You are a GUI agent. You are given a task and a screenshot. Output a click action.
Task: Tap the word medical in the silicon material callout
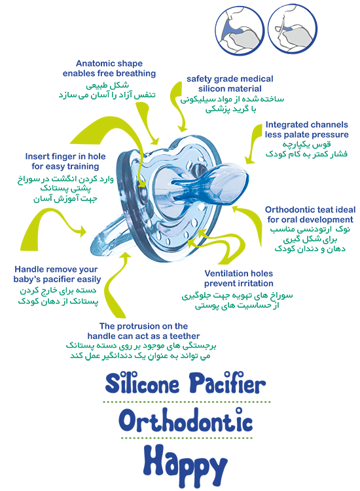(x=257, y=79)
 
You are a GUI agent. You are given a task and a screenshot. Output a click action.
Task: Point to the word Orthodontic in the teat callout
(x=289, y=209)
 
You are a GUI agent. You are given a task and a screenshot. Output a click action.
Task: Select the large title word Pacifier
(x=227, y=382)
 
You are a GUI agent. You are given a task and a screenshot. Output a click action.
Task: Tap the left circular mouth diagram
(x=240, y=30)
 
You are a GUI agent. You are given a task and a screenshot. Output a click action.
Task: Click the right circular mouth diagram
(x=293, y=29)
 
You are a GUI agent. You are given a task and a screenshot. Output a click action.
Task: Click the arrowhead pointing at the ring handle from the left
(x=82, y=231)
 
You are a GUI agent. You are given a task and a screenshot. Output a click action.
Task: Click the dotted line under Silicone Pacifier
(x=187, y=402)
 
